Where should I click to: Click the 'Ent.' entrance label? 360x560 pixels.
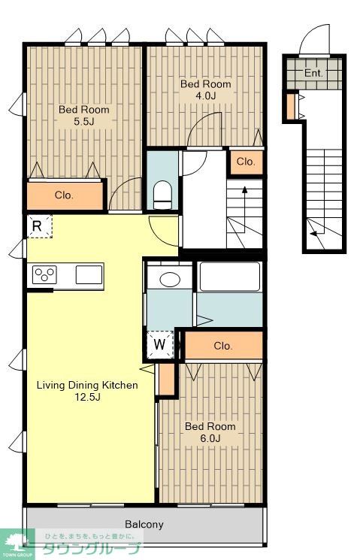(x=313, y=73)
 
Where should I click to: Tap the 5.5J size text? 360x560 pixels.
(x=84, y=122)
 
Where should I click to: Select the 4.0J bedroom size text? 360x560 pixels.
(x=205, y=95)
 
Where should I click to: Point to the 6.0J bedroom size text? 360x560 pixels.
(x=210, y=438)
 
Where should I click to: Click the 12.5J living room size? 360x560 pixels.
(x=87, y=397)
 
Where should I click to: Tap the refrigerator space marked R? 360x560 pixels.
(x=40, y=226)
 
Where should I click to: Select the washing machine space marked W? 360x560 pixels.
(x=160, y=344)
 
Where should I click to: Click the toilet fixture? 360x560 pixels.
(x=162, y=195)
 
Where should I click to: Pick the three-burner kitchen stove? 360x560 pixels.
(x=44, y=275)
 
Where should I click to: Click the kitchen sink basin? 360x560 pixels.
(x=89, y=274)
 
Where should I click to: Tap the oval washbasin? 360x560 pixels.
(x=170, y=280)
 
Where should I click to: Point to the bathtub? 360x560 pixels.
(x=230, y=277)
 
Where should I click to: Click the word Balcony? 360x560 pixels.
(x=144, y=524)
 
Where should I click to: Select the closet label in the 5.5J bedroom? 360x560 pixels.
(x=65, y=195)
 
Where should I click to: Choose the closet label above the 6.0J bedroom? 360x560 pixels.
(x=223, y=346)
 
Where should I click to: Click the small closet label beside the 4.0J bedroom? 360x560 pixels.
(x=246, y=162)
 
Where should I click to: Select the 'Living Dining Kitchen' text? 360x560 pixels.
(x=87, y=386)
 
